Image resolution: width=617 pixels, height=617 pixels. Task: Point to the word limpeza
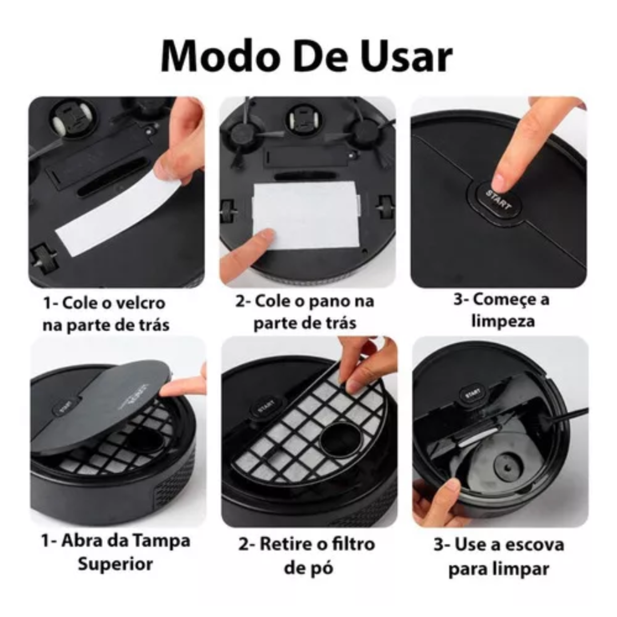pyautogui.click(x=503, y=320)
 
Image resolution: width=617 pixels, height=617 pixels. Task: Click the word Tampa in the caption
pyautogui.click(x=162, y=540)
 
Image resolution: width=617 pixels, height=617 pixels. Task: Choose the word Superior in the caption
pyautogui.click(x=115, y=563)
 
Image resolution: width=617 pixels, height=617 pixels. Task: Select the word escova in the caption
pyautogui.click(x=532, y=544)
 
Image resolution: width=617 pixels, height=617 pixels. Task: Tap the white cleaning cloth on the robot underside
pyautogui.click(x=306, y=215)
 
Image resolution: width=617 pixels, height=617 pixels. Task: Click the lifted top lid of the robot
pyautogui.click(x=103, y=400)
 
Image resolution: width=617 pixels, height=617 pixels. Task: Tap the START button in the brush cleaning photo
pyautogui.click(x=472, y=394)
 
